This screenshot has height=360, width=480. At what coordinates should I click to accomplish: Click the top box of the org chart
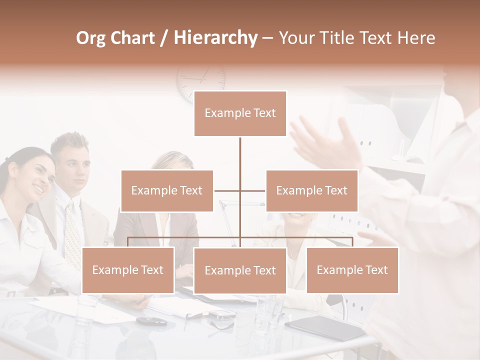[x=240, y=113]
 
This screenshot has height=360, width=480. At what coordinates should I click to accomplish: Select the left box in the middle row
[x=167, y=190]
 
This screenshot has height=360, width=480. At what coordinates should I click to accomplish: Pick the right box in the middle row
[x=311, y=190]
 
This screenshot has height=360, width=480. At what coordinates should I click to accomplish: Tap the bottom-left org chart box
[x=128, y=270]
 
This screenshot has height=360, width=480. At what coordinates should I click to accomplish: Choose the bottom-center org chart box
[x=240, y=270]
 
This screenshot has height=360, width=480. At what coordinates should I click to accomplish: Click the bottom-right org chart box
[x=352, y=270]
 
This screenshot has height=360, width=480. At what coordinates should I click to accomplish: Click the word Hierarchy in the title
[x=215, y=37]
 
